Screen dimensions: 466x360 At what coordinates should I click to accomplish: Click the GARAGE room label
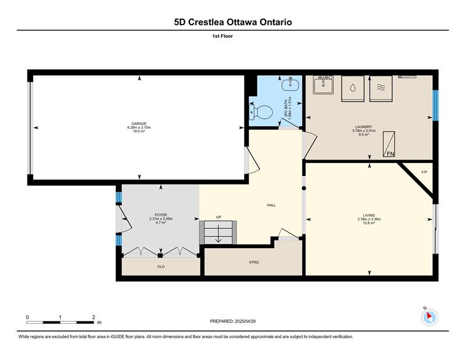click(139, 123)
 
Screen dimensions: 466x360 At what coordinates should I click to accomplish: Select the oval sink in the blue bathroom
click(291, 84)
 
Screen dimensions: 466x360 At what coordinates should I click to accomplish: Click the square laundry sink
click(323, 84)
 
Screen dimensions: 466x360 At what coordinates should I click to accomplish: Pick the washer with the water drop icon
click(353, 89)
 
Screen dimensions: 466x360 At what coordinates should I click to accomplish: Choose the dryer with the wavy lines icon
click(381, 89)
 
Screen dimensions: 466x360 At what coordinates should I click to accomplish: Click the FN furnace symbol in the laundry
click(389, 144)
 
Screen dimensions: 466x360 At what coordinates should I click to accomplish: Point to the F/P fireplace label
click(424, 172)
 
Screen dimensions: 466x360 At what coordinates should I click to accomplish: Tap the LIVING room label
click(369, 215)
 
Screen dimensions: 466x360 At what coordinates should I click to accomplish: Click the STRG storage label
click(254, 262)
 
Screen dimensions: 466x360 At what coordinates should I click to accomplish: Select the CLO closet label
click(161, 267)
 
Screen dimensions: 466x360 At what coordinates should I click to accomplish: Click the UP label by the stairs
click(219, 217)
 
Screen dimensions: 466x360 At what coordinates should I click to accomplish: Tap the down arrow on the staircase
click(218, 234)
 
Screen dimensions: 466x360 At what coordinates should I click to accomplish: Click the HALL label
click(271, 205)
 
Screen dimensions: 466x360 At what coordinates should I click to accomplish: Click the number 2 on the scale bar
click(94, 317)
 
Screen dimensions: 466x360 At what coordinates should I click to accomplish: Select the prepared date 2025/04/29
click(245, 321)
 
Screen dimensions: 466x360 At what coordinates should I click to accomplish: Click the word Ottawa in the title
click(242, 22)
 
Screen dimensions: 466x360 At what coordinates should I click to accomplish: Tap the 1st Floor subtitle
click(223, 36)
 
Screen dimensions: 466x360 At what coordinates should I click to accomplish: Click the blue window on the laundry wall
click(435, 105)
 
